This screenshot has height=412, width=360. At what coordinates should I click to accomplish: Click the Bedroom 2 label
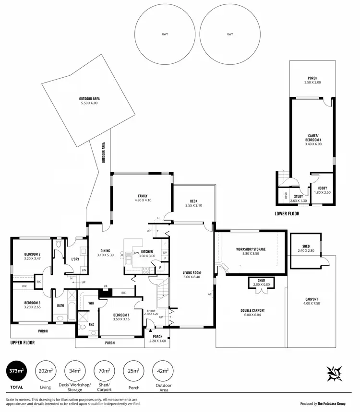32,254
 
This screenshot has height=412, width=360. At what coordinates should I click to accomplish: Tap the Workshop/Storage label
251,249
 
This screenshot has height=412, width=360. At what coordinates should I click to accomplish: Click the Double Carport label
252,310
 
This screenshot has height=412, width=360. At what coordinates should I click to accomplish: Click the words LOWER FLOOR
287,214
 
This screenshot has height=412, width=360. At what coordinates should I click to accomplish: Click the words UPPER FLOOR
23,343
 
